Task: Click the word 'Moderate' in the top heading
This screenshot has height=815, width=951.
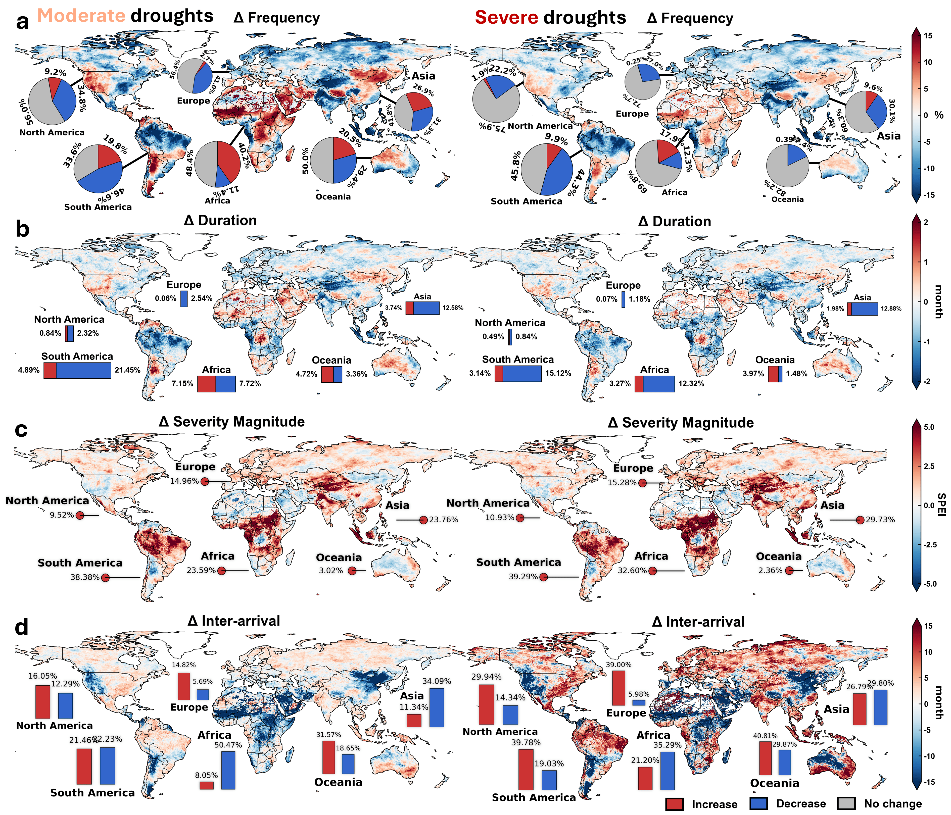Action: point(81,16)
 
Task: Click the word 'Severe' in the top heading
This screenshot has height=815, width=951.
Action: point(506,17)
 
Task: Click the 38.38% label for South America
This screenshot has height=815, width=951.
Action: point(85,577)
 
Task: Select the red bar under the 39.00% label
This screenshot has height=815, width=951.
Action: point(619,687)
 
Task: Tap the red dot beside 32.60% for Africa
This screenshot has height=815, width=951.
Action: point(652,571)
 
